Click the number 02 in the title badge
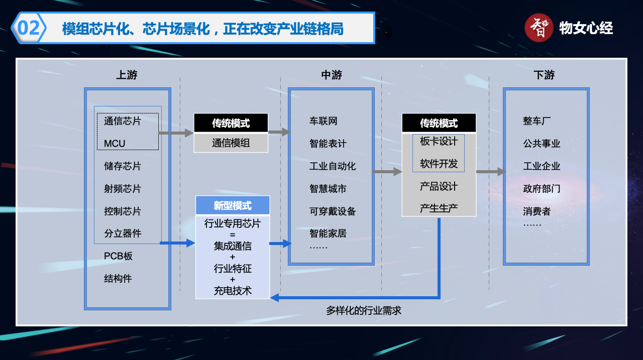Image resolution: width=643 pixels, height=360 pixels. (28, 28)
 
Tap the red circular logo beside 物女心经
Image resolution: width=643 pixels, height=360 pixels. (539, 28)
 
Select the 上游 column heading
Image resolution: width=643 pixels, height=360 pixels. (127, 75)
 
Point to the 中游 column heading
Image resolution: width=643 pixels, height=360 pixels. (332, 75)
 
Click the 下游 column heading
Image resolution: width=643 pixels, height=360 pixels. (544, 75)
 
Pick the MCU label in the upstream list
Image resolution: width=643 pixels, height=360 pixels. (115, 144)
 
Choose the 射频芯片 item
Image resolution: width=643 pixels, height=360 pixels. (123, 189)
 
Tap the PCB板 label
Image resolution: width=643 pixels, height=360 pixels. (119, 256)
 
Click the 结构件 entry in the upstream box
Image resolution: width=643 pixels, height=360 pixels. (118, 279)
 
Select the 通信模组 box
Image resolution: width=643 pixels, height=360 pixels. (231, 143)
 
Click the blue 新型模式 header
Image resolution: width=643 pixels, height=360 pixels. (233, 205)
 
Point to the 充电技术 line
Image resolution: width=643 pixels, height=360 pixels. (233, 291)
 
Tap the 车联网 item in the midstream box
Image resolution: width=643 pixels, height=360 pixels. (324, 121)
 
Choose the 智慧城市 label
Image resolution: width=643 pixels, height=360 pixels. (328, 189)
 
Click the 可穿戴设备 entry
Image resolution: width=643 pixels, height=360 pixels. (333, 211)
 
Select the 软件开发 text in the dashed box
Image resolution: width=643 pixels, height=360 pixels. (439, 164)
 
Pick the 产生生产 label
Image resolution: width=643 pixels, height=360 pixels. (439, 208)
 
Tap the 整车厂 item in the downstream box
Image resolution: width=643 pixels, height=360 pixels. (537, 121)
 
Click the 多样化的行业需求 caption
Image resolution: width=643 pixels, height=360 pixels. (364, 311)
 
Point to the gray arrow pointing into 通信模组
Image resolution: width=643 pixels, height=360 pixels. (176, 133)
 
